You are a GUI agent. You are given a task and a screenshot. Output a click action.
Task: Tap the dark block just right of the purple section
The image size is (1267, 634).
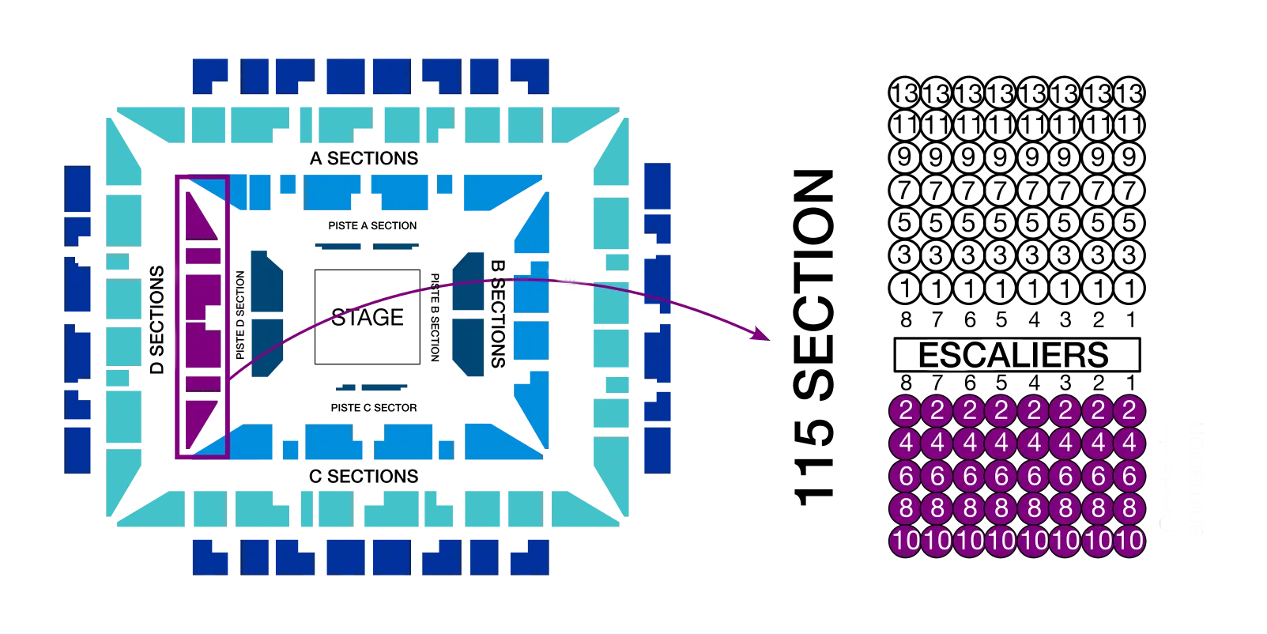[266, 312]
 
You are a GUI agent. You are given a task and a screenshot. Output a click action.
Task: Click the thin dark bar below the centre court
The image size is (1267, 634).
[373, 387]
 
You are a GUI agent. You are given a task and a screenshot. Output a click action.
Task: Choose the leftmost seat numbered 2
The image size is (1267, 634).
[906, 410]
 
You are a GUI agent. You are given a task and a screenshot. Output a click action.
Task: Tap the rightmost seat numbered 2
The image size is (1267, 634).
[1129, 410]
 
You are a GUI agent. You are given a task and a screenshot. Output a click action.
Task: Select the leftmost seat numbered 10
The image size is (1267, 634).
[906, 542]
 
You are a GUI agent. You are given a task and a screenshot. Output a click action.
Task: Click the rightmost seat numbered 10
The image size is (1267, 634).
[1129, 542]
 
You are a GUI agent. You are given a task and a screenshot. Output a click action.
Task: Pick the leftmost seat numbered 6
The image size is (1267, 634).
[906, 476]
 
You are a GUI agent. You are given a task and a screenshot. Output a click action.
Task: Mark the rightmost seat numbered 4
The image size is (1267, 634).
[1129, 443]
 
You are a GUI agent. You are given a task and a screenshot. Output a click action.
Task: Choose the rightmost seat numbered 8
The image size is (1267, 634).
[1129, 508]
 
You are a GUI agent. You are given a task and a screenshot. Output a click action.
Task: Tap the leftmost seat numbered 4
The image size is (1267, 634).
[906, 443]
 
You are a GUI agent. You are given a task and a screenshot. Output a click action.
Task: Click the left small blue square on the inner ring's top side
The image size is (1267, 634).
[288, 183]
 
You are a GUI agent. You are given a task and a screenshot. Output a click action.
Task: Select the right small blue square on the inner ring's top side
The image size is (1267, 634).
[445, 183]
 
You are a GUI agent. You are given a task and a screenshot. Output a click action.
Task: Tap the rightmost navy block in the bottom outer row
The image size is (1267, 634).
[530, 557]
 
